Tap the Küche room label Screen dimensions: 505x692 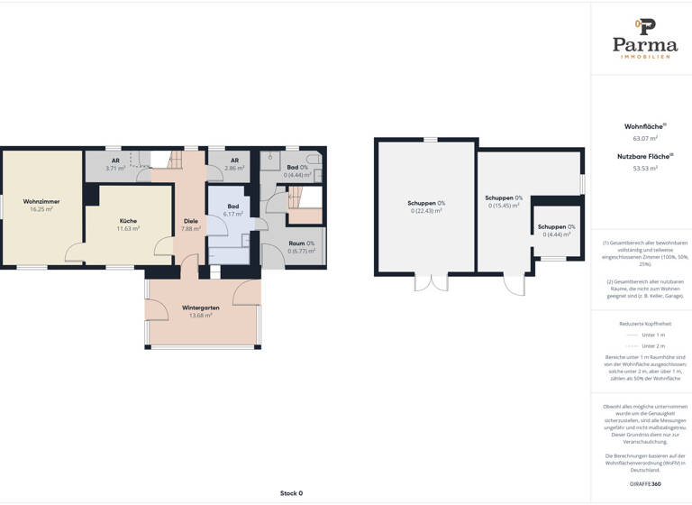(128, 221)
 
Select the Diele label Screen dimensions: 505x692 (190, 221)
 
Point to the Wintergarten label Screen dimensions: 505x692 (201, 308)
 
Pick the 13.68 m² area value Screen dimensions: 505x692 (201, 316)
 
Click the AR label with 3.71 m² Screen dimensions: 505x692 (115, 161)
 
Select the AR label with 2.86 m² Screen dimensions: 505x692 (234, 161)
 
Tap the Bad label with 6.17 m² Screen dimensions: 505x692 (233, 207)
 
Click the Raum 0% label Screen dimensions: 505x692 (301, 243)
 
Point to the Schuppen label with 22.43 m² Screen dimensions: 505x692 (426, 203)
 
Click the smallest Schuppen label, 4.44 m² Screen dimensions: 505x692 (556, 226)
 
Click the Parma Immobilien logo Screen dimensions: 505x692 (644, 39)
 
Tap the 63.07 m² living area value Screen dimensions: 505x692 (644, 138)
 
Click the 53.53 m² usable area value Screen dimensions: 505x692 (644, 168)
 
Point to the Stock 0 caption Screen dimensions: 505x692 (291, 493)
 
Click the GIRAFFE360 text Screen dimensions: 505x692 (644, 484)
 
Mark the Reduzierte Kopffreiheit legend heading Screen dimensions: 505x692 (644, 323)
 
